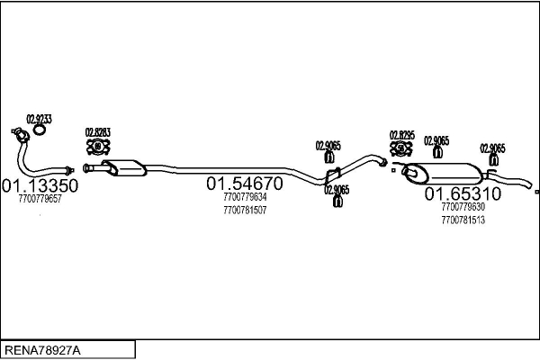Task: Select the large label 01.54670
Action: tap(245, 184)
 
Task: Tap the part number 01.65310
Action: tap(463, 193)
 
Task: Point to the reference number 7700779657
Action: tap(40, 199)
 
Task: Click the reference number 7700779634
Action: tap(245, 197)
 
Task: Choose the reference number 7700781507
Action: tap(245, 211)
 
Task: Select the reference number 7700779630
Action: tap(463, 207)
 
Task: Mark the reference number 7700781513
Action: tap(463, 220)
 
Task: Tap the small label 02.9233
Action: tap(39, 119)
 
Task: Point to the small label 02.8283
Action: tap(98, 132)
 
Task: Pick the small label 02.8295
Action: tap(401, 135)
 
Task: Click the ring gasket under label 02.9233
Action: tap(40, 133)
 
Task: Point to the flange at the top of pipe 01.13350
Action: tap(15, 135)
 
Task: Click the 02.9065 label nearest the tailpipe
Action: tap(492, 148)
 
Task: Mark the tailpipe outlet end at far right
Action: tap(535, 191)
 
